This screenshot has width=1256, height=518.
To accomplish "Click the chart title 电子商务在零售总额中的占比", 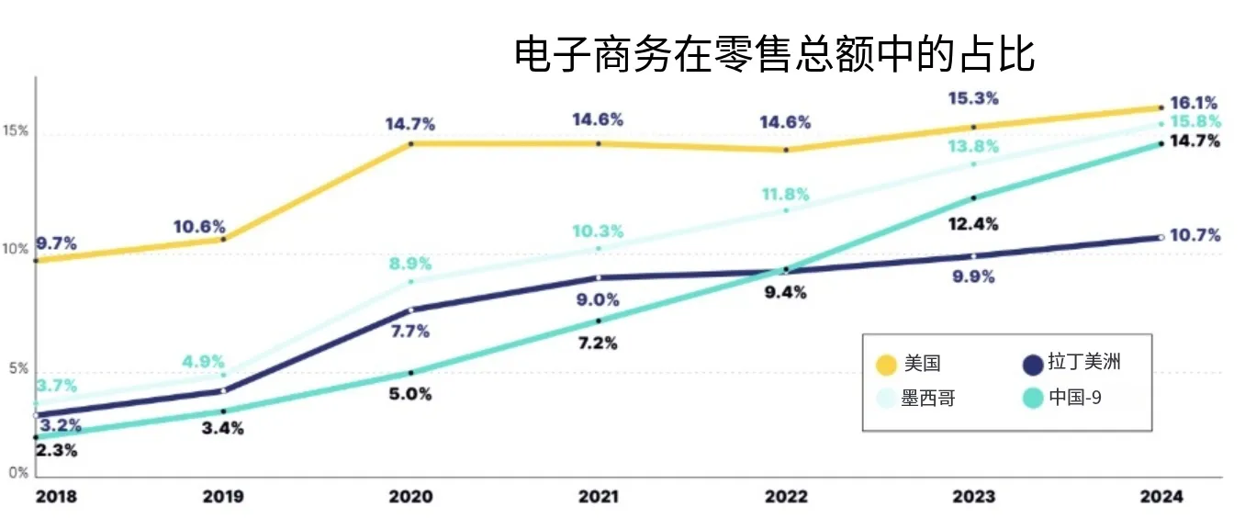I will [774, 54].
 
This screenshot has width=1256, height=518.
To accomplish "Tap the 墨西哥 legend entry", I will [928, 400].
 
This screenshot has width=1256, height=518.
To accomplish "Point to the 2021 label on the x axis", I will [599, 497].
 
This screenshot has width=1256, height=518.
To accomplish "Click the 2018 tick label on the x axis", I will [56, 497].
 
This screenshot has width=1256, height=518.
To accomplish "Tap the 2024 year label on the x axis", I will [1161, 497].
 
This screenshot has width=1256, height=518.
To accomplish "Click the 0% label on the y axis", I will [17, 473].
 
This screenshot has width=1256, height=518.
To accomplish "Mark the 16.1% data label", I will [1194, 103].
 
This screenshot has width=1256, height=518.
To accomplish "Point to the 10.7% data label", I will [1195, 236].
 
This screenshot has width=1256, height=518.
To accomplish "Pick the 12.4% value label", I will [973, 224].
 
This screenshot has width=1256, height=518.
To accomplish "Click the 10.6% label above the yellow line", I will [200, 227].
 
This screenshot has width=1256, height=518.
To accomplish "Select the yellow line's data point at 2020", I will [410, 144].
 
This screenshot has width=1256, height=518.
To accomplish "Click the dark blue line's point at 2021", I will [599, 277].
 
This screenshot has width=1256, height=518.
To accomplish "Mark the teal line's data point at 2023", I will [973, 197].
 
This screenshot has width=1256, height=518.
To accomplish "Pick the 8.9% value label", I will [410, 264].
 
